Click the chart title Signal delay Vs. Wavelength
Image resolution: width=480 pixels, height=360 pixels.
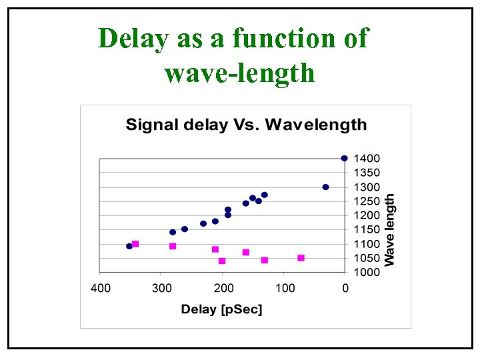click(x=246, y=125)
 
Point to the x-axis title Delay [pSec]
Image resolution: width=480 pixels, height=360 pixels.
click(x=222, y=309)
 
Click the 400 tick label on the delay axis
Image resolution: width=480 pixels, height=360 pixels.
click(x=101, y=288)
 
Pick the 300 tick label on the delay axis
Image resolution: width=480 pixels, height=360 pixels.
click(x=162, y=288)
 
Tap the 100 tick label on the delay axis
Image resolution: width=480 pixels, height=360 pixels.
click(x=285, y=288)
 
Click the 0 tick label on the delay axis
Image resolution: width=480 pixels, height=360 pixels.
click(x=345, y=288)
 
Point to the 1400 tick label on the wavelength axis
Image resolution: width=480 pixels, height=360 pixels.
click(x=367, y=159)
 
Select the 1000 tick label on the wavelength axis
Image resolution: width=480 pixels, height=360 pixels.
click(x=367, y=272)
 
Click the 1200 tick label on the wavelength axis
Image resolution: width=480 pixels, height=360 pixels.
click(x=367, y=215)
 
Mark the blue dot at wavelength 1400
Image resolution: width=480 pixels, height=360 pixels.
click(x=344, y=159)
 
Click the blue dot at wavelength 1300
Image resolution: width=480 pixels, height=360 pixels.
click(x=325, y=187)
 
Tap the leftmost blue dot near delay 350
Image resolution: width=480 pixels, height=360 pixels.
click(x=129, y=246)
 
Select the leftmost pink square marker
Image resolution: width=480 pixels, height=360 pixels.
click(x=135, y=244)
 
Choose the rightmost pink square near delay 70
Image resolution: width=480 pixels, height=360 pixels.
click(x=301, y=258)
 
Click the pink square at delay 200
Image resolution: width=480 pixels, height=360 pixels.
click(x=222, y=261)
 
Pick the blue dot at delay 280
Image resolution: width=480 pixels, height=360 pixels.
click(x=173, y=232)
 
